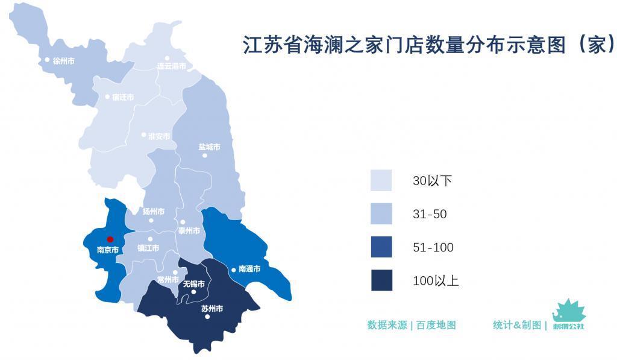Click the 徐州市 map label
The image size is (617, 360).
click(63, 61)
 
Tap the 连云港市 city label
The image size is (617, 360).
click(171, 66)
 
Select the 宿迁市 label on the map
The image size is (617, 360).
click(123, 97)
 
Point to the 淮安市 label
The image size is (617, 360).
click(159, 136)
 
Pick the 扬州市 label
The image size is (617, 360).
click(154, 212)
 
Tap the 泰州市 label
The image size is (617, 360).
click(189, 230)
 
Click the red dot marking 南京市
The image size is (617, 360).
click(110, 239)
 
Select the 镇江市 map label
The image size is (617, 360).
click(148, 248)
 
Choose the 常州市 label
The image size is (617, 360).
click(168, 280)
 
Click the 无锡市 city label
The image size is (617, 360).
click(193, 283)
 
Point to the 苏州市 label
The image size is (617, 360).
click(211, 309)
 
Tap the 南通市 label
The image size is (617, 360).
click(249, 269)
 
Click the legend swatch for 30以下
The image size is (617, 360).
click(381, 180)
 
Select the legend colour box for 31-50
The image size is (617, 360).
click(381, 214)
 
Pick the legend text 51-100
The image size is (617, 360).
click(433, 247)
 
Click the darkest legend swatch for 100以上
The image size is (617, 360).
click(381, 280)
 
